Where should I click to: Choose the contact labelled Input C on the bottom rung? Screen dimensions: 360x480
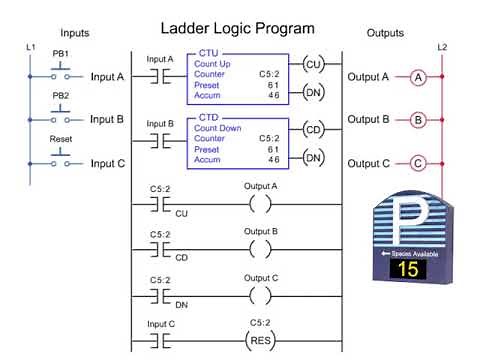coord(161,337)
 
